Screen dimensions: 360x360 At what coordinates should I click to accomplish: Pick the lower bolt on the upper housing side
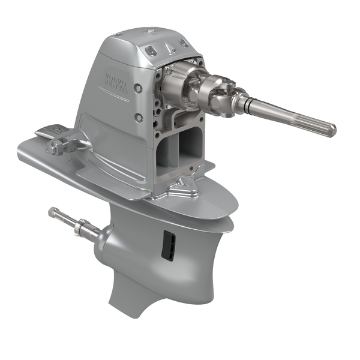[140, 117]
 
